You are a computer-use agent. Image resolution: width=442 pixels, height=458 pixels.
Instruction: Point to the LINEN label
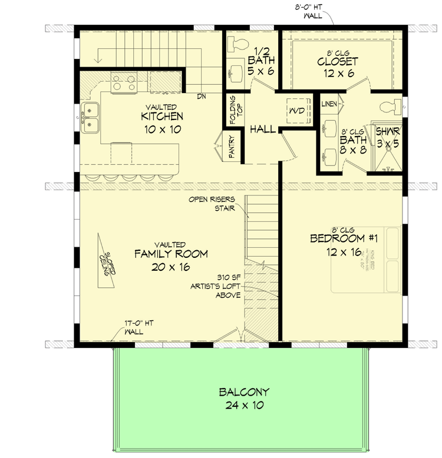point(329,104)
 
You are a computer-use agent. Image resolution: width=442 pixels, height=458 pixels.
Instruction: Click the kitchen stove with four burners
point(124,82)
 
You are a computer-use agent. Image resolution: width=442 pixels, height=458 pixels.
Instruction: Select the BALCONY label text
point(243,392)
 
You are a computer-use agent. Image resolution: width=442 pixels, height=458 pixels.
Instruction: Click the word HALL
point(262,129)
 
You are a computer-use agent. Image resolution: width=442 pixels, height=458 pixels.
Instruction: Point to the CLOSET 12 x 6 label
point(338,61)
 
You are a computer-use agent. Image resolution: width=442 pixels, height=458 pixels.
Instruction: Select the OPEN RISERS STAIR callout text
point(215,203)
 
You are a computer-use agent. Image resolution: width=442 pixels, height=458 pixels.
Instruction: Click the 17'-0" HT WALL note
point(134,327)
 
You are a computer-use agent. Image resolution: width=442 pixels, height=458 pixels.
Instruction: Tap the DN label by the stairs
point(201,96)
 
